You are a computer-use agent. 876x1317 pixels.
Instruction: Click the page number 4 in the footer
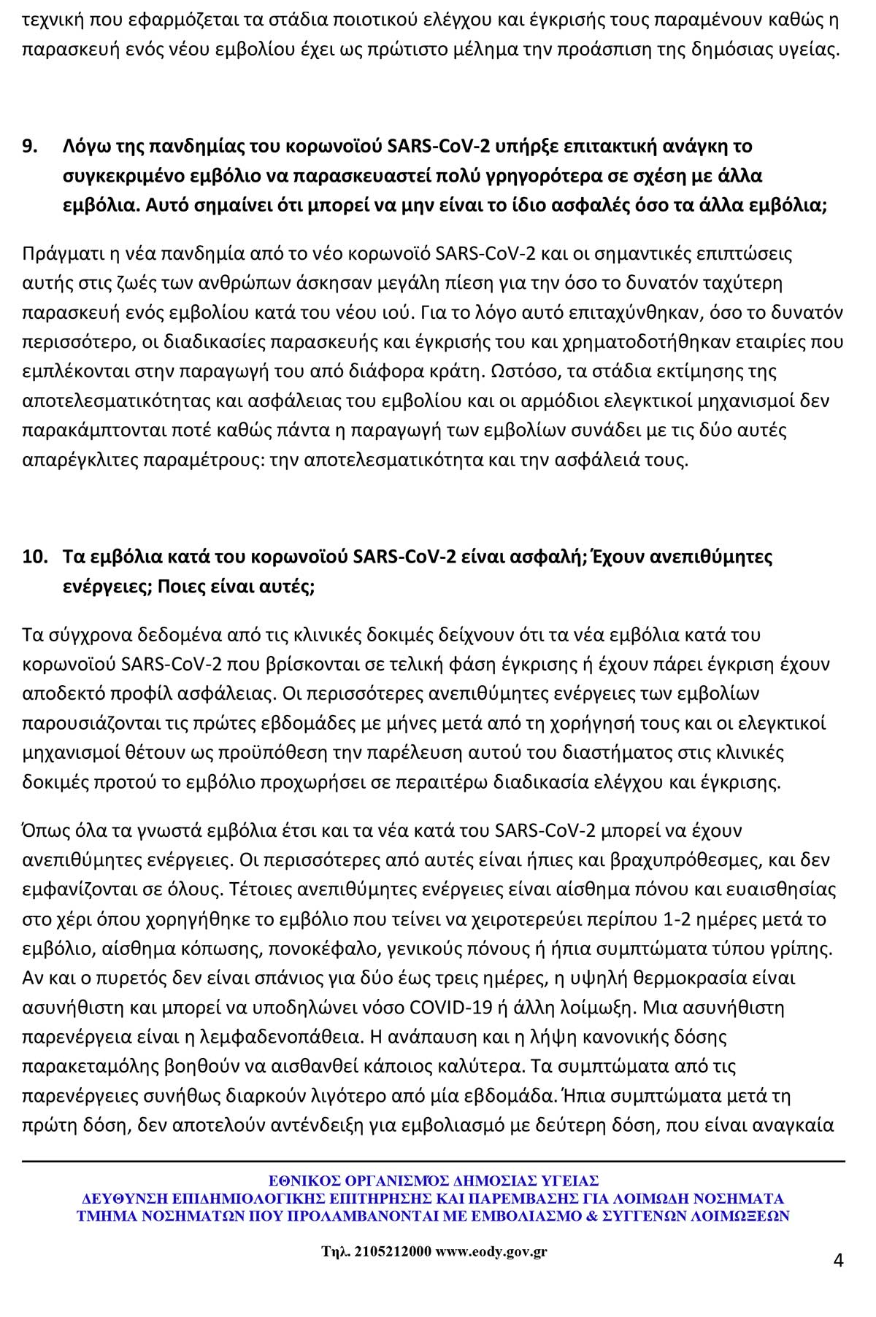click(838, 1259)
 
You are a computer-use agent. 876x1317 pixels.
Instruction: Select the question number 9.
click(30, 146)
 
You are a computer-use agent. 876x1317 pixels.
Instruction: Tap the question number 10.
click(34, 557)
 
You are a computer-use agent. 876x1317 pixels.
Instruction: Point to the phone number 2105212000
click(393, 1251)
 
